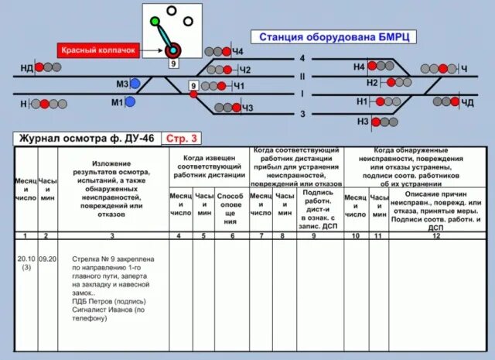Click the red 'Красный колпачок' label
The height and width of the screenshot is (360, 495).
(98, 50)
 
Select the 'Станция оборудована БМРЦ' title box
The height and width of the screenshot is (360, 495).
(334, 37)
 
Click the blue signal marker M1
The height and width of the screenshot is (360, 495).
(130, 101)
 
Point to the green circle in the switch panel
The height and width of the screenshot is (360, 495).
(155, 21)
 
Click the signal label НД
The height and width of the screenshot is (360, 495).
(26, 69)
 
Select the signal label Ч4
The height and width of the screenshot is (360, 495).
(237, 52)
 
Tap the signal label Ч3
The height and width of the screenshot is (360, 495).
(247, 108)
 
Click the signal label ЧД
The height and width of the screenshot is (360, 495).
(467, 102)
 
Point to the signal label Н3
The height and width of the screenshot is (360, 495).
(363, 122)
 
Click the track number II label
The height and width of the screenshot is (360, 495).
(302, 76)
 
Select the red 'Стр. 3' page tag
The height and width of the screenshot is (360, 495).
(183, 139)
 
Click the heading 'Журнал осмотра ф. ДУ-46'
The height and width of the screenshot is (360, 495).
(86, 139)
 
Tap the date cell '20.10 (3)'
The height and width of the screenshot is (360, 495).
(26, 263)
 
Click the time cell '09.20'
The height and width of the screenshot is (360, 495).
(48, 260)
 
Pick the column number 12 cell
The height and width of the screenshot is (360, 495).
(435, 235)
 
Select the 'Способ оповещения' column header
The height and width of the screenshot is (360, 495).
(230, 208)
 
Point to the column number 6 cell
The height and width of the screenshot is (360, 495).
(230, 235)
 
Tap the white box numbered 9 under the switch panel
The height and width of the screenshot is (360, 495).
(173, 64)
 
